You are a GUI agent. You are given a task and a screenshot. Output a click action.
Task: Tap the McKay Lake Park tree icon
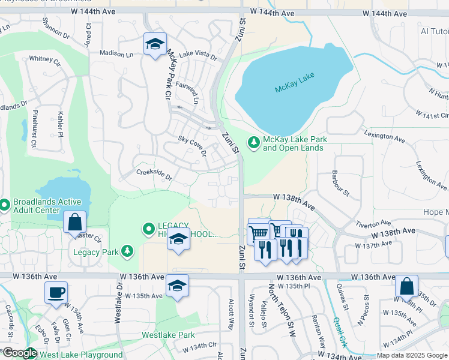[x=254, y=143]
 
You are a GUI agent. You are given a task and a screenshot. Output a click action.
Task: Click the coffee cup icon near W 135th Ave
[x=56, y=292]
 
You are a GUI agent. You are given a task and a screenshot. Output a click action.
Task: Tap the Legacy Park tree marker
[x=127, y=251]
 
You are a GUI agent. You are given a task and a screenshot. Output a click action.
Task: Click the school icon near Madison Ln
[x=155, y=45]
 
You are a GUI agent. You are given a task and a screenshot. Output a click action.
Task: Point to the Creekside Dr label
[x=154, y=175]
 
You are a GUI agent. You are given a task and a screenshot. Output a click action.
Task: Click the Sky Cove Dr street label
[x=192, y=146]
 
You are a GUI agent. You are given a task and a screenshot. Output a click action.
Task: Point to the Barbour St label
[x=340, y=182]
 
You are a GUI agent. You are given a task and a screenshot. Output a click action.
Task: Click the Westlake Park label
[x=168, y=335]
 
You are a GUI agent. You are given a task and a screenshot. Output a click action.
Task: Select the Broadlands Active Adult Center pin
[x=4, y=205]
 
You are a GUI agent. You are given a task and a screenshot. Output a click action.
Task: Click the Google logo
[x=19, y=353]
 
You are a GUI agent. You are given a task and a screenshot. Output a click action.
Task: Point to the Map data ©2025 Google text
[x=411, y=355]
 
